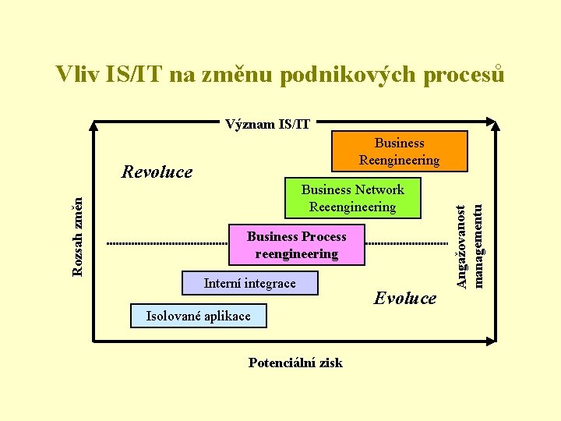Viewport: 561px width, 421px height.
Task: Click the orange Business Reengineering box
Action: tap(399, 151)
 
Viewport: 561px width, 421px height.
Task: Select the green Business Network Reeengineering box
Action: tap(352, 198)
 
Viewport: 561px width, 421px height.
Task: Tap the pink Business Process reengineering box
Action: tap(296, 245)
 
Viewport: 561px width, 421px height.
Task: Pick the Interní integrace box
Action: tap(249, 283)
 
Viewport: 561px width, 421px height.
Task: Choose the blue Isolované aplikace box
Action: tap(198, 316)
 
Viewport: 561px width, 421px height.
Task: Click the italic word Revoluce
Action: tap(157, 172)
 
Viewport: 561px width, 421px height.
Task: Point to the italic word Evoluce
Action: tap(405, 298)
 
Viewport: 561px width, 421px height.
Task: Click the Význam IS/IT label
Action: tap(267, 123)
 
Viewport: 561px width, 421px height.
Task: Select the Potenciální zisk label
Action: tap(295, 363)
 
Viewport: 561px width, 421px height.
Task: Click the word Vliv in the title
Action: tap(76, 75)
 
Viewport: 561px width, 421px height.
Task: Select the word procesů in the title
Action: tap(461, 75)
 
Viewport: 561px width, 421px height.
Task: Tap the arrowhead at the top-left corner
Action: tap(94, 122)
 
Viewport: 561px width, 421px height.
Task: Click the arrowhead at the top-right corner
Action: tap(493, 122)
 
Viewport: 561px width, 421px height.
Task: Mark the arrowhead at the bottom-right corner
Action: tap(492, 340)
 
